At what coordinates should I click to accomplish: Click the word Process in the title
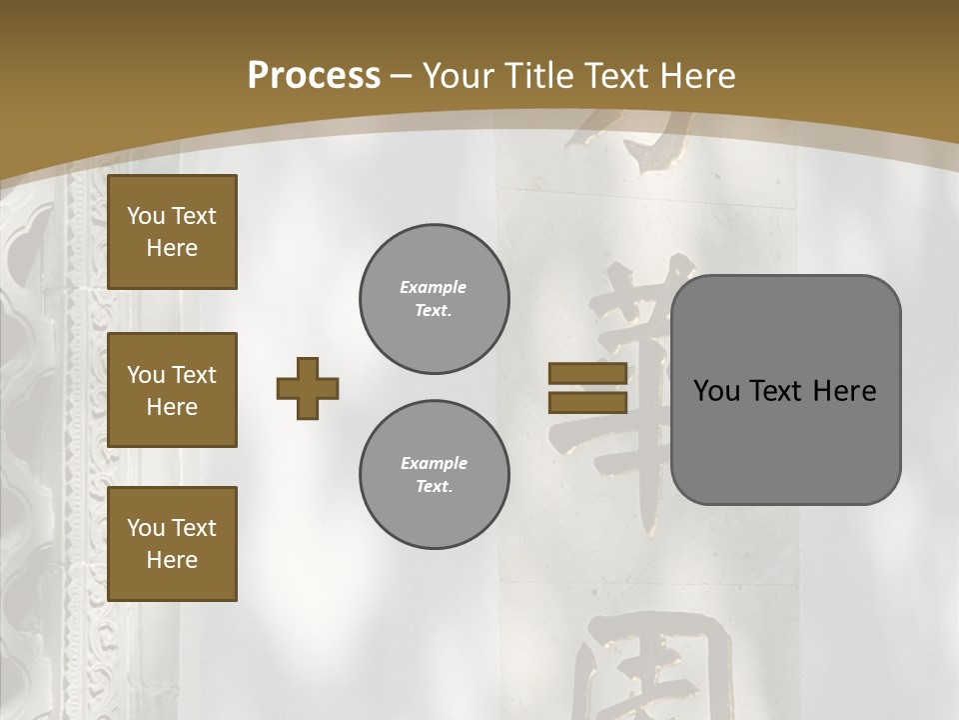314,76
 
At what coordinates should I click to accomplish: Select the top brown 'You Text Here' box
172,232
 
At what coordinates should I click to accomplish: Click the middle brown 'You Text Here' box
172,390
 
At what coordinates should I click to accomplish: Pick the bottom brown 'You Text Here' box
172,544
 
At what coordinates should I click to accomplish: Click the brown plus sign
308,388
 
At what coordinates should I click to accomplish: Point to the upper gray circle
435,299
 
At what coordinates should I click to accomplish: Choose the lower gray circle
435,475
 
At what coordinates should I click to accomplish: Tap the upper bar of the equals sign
587,373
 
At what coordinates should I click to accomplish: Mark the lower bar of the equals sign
587,403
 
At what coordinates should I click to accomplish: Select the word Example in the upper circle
434,287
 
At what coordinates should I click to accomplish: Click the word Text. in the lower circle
434,487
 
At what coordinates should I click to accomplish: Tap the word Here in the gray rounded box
844,391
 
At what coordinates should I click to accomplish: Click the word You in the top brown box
146,216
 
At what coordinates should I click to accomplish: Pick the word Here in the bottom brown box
172,560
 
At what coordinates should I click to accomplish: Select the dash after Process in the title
402,76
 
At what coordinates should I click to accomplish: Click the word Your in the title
459,76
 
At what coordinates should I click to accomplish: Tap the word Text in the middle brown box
194,375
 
